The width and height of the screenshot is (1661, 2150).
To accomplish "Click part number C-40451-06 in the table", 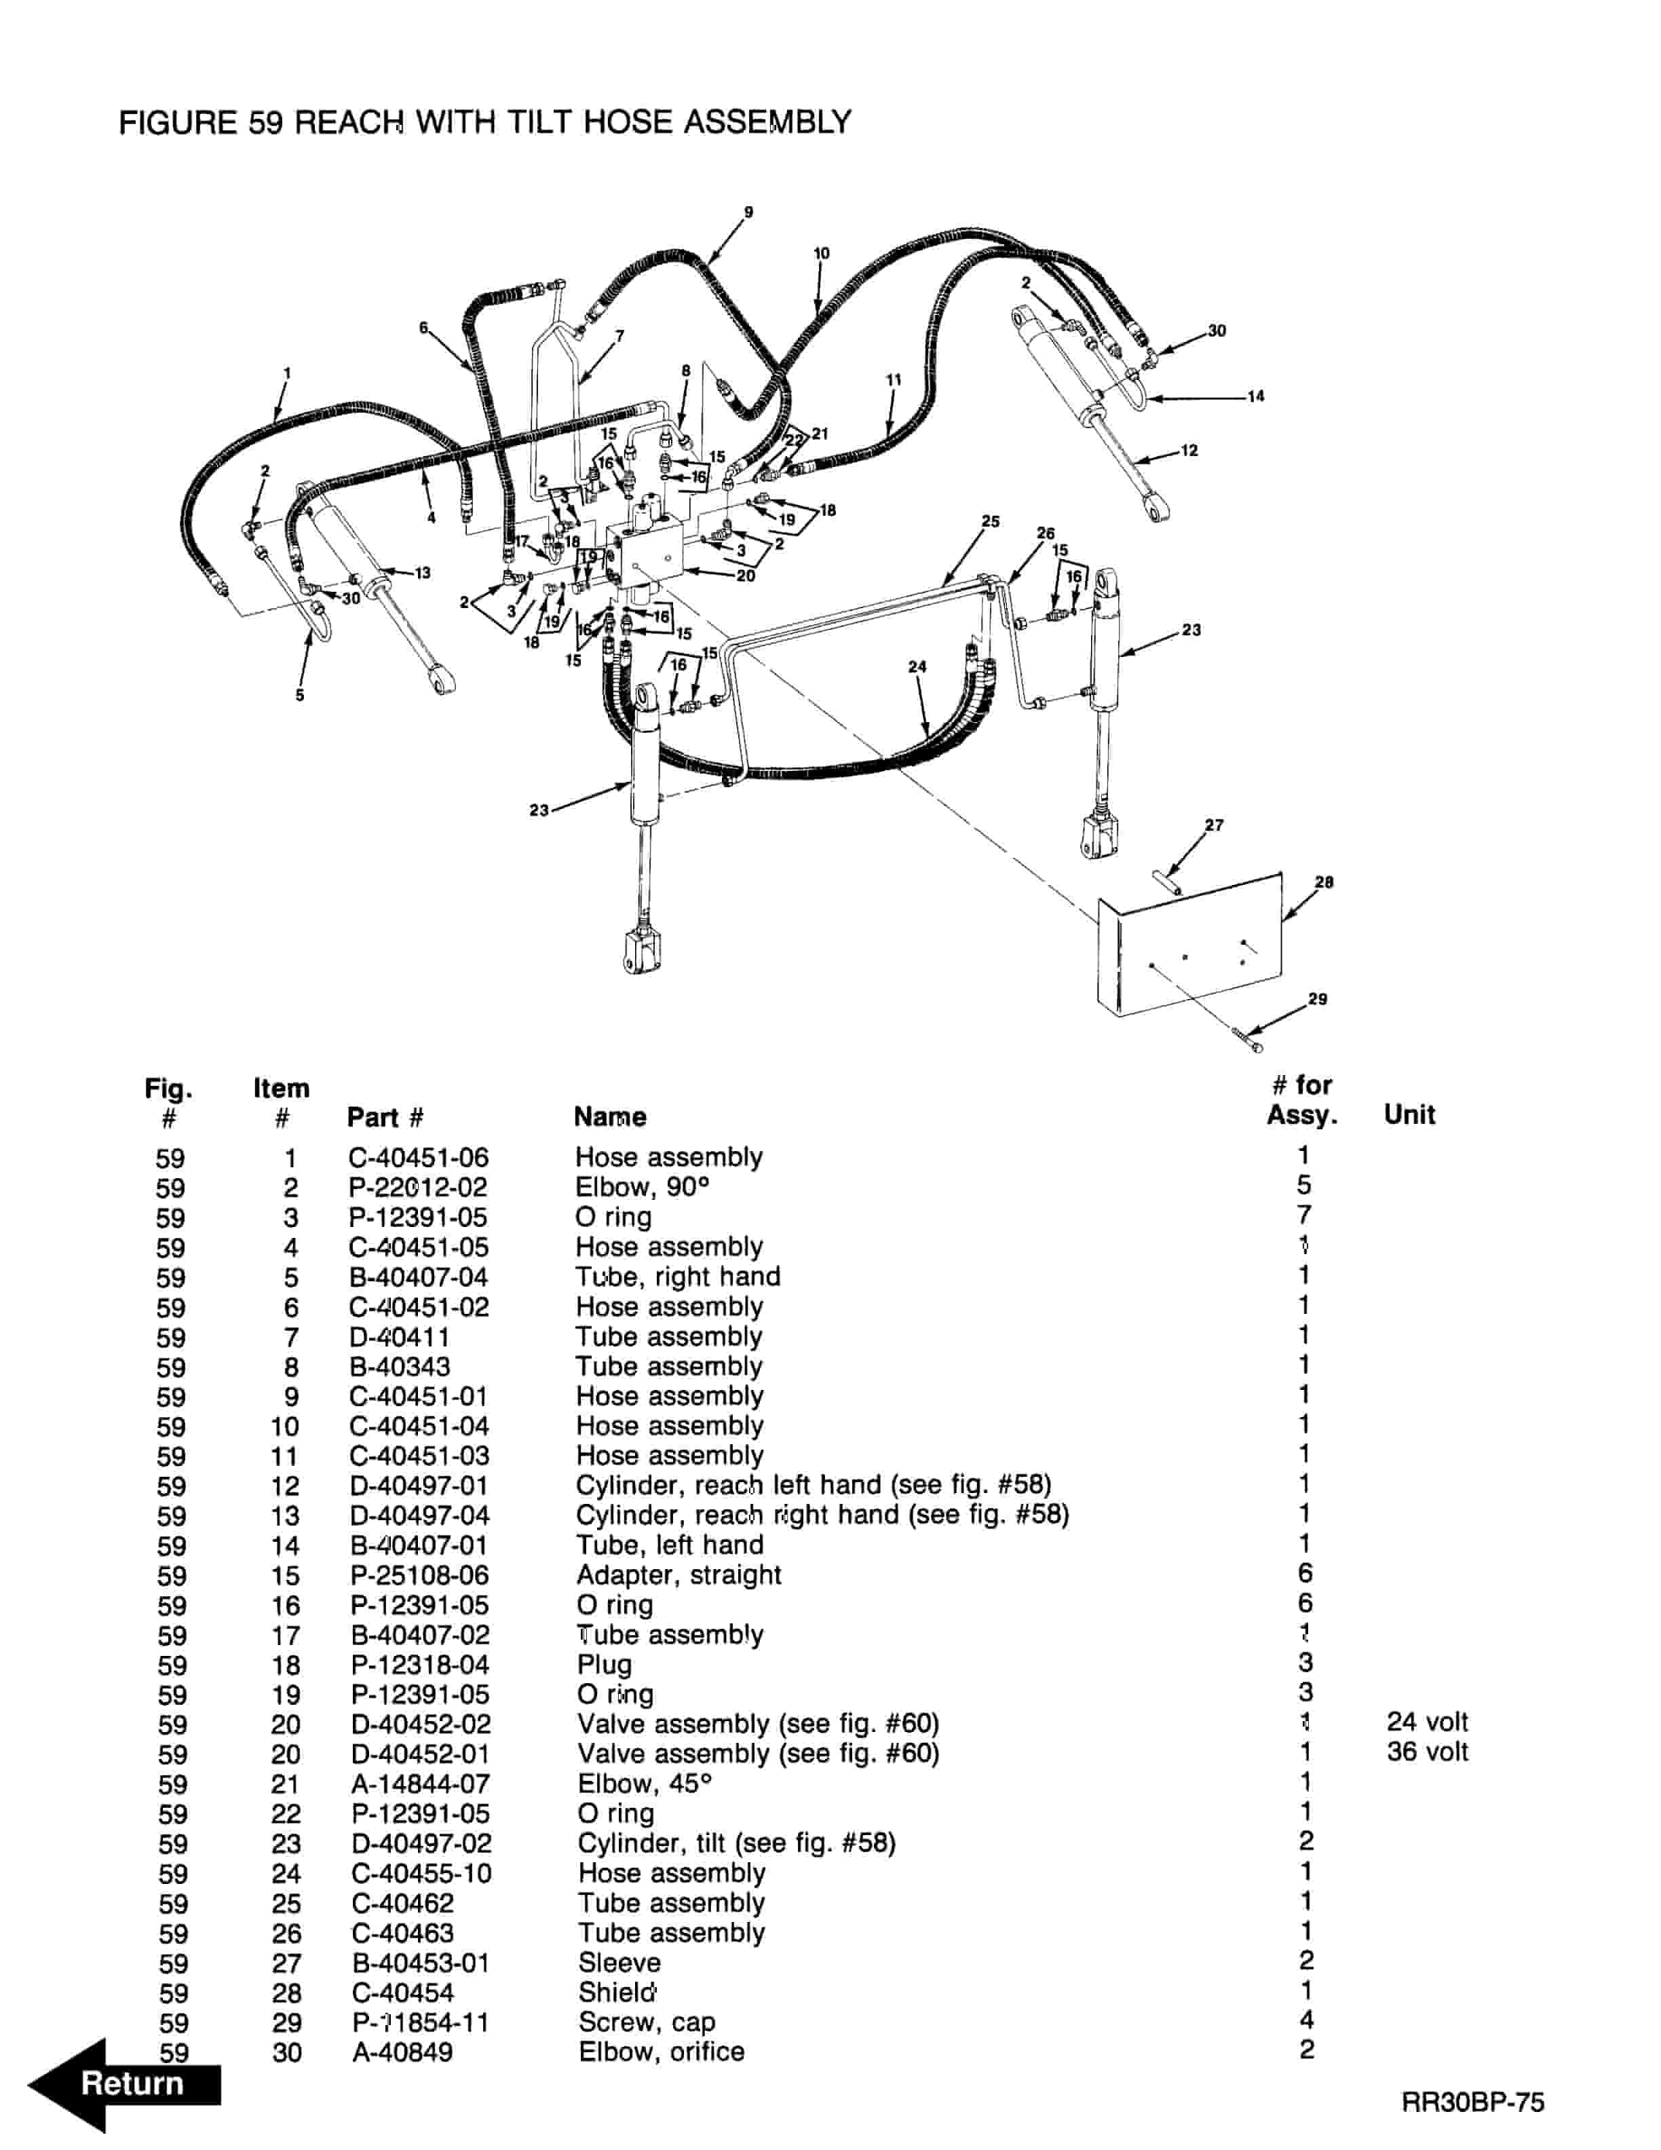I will (x=418, y=1158).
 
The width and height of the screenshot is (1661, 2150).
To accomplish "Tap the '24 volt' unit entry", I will (x=1427, y=1722).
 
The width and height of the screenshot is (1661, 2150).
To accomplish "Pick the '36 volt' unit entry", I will (x=1427, y=1752).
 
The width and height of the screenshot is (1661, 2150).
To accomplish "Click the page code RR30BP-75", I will (x=1473, y=2102).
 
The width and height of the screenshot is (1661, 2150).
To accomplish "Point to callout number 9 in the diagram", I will (x=749, y=212).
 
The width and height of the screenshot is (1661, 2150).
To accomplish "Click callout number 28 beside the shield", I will (x=1324, y=882).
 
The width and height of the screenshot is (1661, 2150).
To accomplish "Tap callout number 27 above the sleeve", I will (x=1215, y=825).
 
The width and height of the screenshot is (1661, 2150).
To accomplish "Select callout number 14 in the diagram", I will (x=1256, y=397).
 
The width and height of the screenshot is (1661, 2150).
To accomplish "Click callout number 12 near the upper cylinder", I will (x=1189, y=451).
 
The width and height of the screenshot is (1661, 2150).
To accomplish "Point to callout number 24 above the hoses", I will (x=917, y=666).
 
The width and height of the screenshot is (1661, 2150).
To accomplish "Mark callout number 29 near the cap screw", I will (x=1318, y=999).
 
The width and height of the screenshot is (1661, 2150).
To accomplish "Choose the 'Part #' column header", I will (x=385, y=1117).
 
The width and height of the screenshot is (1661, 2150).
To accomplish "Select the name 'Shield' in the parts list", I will (x=616, y=1993).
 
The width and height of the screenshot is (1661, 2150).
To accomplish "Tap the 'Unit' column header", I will (x=1409, y=1114).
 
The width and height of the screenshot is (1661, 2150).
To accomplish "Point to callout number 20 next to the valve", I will (x=746, y=576).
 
